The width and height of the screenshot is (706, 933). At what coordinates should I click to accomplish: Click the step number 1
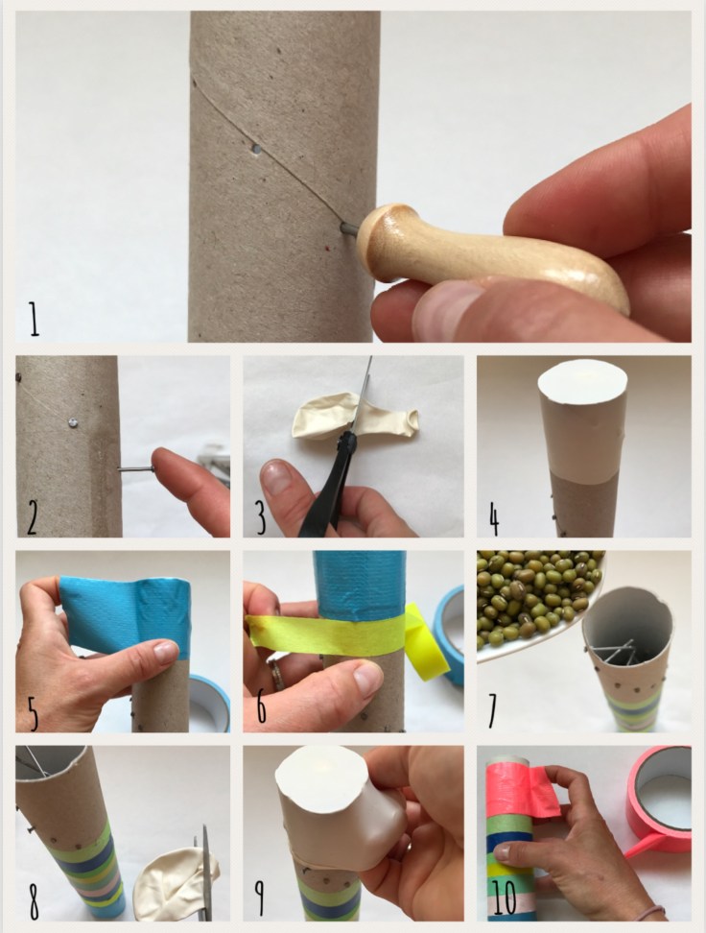[34, 319]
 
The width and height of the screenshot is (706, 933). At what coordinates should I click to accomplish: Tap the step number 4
[494, 518]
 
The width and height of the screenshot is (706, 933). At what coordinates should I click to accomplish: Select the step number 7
[492, 710]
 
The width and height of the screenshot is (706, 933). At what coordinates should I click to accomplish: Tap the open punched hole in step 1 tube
[256, 149]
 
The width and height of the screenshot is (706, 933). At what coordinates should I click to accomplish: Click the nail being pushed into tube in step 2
[135, 469]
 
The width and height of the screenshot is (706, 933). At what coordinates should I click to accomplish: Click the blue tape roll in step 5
[209, 702]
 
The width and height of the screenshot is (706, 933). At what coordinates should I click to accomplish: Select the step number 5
[34, 713]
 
